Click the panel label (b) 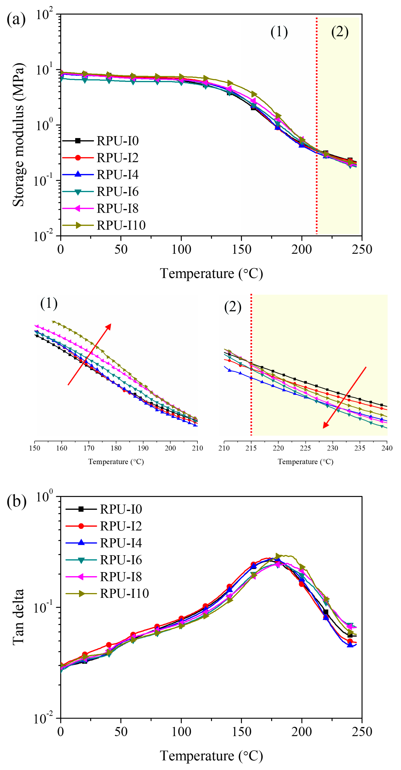pos(16,501)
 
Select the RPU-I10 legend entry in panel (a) pos(121,225)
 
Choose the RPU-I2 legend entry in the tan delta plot pos(121,526)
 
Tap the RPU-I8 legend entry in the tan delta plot pos(121,577)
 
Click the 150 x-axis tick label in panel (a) pos(241,249)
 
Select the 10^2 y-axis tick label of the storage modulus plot pos(44,14)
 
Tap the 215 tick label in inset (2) pos(251,448)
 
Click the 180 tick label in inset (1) pos(116,448)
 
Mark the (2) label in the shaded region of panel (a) pos(340,32)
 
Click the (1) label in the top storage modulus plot pos(279,32)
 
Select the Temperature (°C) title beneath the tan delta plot pos(211,756)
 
